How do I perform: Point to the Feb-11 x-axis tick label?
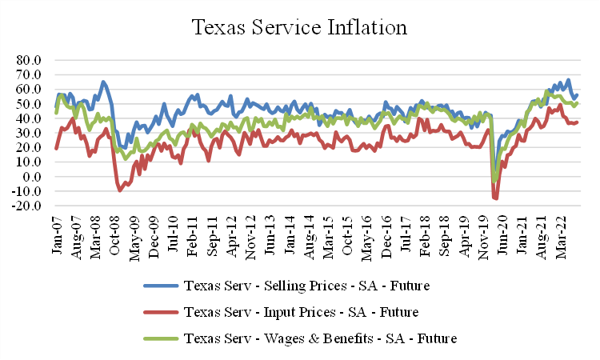coord(192,236)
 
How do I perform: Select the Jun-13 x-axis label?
coord(270,236)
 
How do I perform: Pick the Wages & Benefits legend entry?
coord(320,338)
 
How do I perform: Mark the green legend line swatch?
coord(160,338)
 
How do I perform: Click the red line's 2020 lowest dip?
coord(495,198)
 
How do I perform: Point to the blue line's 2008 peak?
coord(103,82)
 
